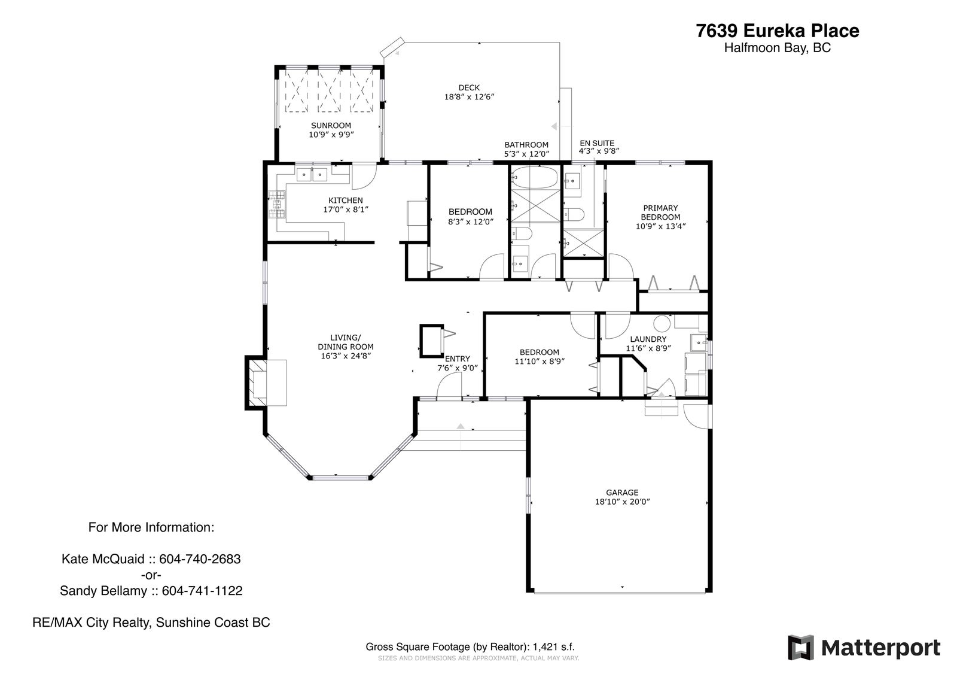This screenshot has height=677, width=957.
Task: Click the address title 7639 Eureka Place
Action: pyautogui.click(x=777, y=31)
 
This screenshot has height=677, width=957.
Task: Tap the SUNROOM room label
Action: pyautogui.click(x=331, y=125)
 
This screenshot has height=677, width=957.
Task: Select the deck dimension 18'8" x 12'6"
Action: pyautogui.click(x=469, y=96)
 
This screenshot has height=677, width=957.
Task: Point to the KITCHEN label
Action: pyautogui.click(x=346, y=200)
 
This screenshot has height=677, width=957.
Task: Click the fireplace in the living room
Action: pyautogui.click(x=266, y=382)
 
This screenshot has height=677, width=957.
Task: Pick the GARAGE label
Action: pyautogui.click(x=622, y=492)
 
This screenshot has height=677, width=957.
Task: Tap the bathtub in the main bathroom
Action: pyautogui.click(x=535, y=178)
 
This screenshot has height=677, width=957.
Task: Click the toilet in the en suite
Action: pyautogui.click(x=574, y=214)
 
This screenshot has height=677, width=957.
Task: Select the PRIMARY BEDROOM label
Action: pyautogui.click(x=660, y=212)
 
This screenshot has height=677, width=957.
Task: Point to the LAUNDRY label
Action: pyautogui.click(x=648, y=339)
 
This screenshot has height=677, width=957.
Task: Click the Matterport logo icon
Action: pyautogui.click(x=801, y=648)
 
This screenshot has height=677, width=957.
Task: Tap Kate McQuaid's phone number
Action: pyautogui.click(x=200, y=559)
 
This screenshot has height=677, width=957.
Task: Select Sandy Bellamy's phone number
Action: pyautogui.click(x=202, y=591)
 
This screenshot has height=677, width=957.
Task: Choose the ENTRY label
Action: pyautogui.click(x=457, y=359)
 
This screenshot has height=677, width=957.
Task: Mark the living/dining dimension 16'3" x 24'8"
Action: pyautogui.click(x=346, y=356)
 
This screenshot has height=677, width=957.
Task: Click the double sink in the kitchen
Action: pyautogui.click(x=312, y=175)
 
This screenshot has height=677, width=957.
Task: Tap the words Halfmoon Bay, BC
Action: pyautogui.click(x=778, y=48)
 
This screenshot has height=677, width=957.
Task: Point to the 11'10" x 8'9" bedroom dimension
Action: pyautogui.click(x=540, y=362)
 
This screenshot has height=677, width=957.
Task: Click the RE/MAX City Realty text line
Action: pyautogui.click(x=151, y=623)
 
